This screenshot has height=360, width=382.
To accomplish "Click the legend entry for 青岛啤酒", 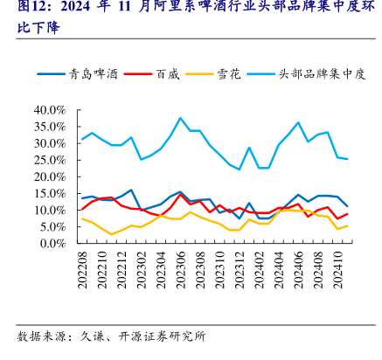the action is click(x=78, y=74).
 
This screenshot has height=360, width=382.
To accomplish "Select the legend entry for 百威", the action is click(x=151, y=74).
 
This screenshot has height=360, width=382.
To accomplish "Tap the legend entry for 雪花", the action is click(x=213, y=74).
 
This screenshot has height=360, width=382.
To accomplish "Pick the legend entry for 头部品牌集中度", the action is click(x=306, y=74).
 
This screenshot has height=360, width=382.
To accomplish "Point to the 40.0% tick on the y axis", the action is click(x=50, y=110).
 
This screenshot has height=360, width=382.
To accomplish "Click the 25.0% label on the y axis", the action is click(x=50, y=160).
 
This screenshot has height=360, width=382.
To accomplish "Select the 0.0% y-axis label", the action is click(x=53, y=243).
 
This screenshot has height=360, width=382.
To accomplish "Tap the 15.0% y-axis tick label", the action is click(x=50, y=193).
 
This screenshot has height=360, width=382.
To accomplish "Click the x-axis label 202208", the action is click(x=82, y=270).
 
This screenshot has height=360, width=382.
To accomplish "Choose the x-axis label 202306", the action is click(x=181, y=270).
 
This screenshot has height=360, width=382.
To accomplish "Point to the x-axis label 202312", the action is click(x=240, y=270).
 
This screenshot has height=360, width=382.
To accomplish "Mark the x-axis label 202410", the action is click(x=338, y=270).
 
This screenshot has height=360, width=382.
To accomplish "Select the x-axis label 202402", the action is click(x=260, y=270).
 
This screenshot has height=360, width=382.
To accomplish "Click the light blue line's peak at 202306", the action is click(x=180, y=118).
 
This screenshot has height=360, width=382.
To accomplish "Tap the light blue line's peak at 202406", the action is click(x=298, y=122).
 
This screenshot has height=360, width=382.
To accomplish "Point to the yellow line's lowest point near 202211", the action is click(x=112, y=234).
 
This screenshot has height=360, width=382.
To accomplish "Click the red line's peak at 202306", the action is click(x=180, y=194).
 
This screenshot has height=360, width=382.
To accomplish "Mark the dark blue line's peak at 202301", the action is click(x=131, y=190).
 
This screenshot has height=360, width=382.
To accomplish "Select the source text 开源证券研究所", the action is click(x=162, y=336).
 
